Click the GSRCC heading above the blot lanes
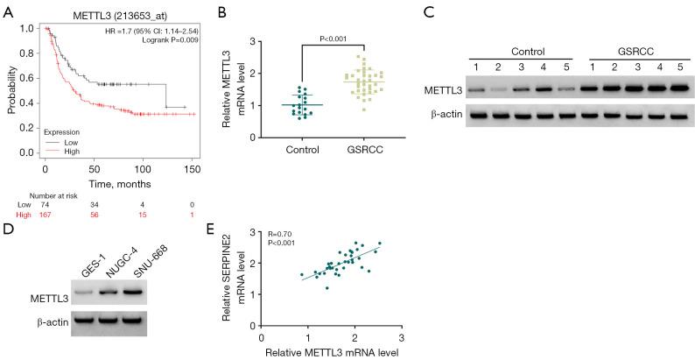630,51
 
